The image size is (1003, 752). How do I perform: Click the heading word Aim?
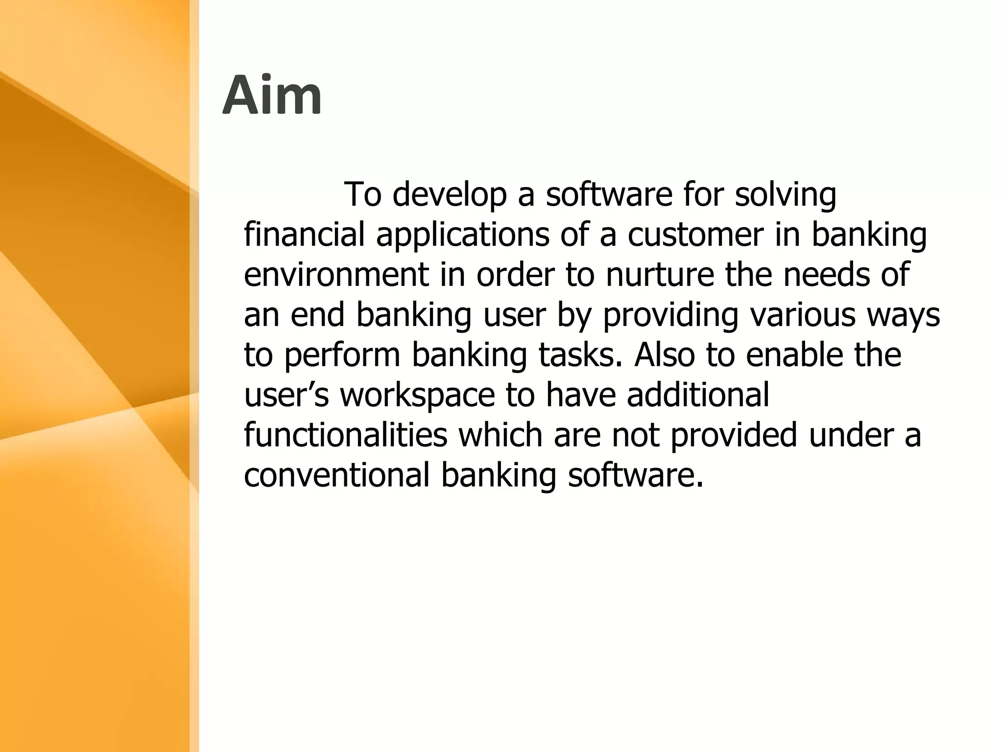pos(272,96)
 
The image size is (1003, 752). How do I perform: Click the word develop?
pos(449,195)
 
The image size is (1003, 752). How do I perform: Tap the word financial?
pos(304,235)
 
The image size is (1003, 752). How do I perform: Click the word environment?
pos(336,275)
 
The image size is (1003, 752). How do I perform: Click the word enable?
pos(795,354)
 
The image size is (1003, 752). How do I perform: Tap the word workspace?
pos(418,396)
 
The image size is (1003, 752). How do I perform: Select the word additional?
pos(698,395)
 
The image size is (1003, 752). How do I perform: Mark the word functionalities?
pos(346,435)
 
